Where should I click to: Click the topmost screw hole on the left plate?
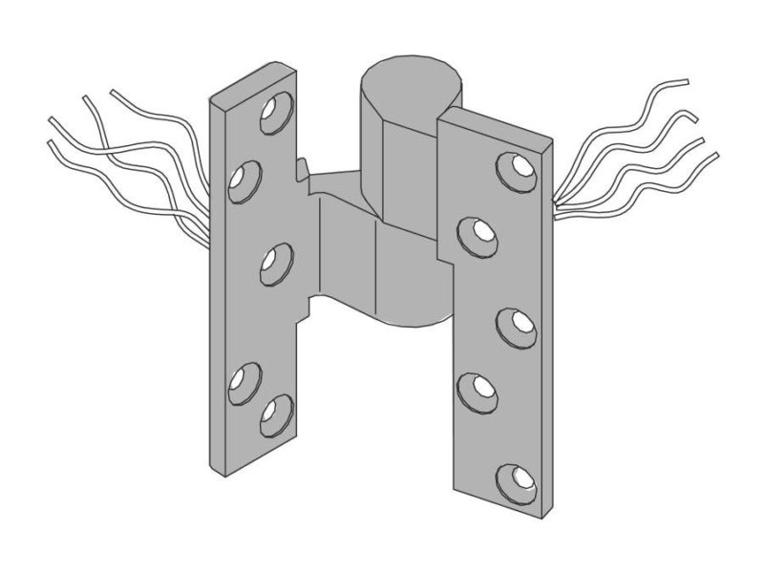[x=279, y=110]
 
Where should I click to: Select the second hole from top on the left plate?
[x=246, y=179]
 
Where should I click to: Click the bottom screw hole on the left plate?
[x=277, y=413]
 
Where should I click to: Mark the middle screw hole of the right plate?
[x=518, y=325]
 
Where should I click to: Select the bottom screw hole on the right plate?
[x=517, y=478]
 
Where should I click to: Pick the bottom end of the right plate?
[x=497, y=511]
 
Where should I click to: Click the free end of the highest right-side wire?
[x=686, y=82]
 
